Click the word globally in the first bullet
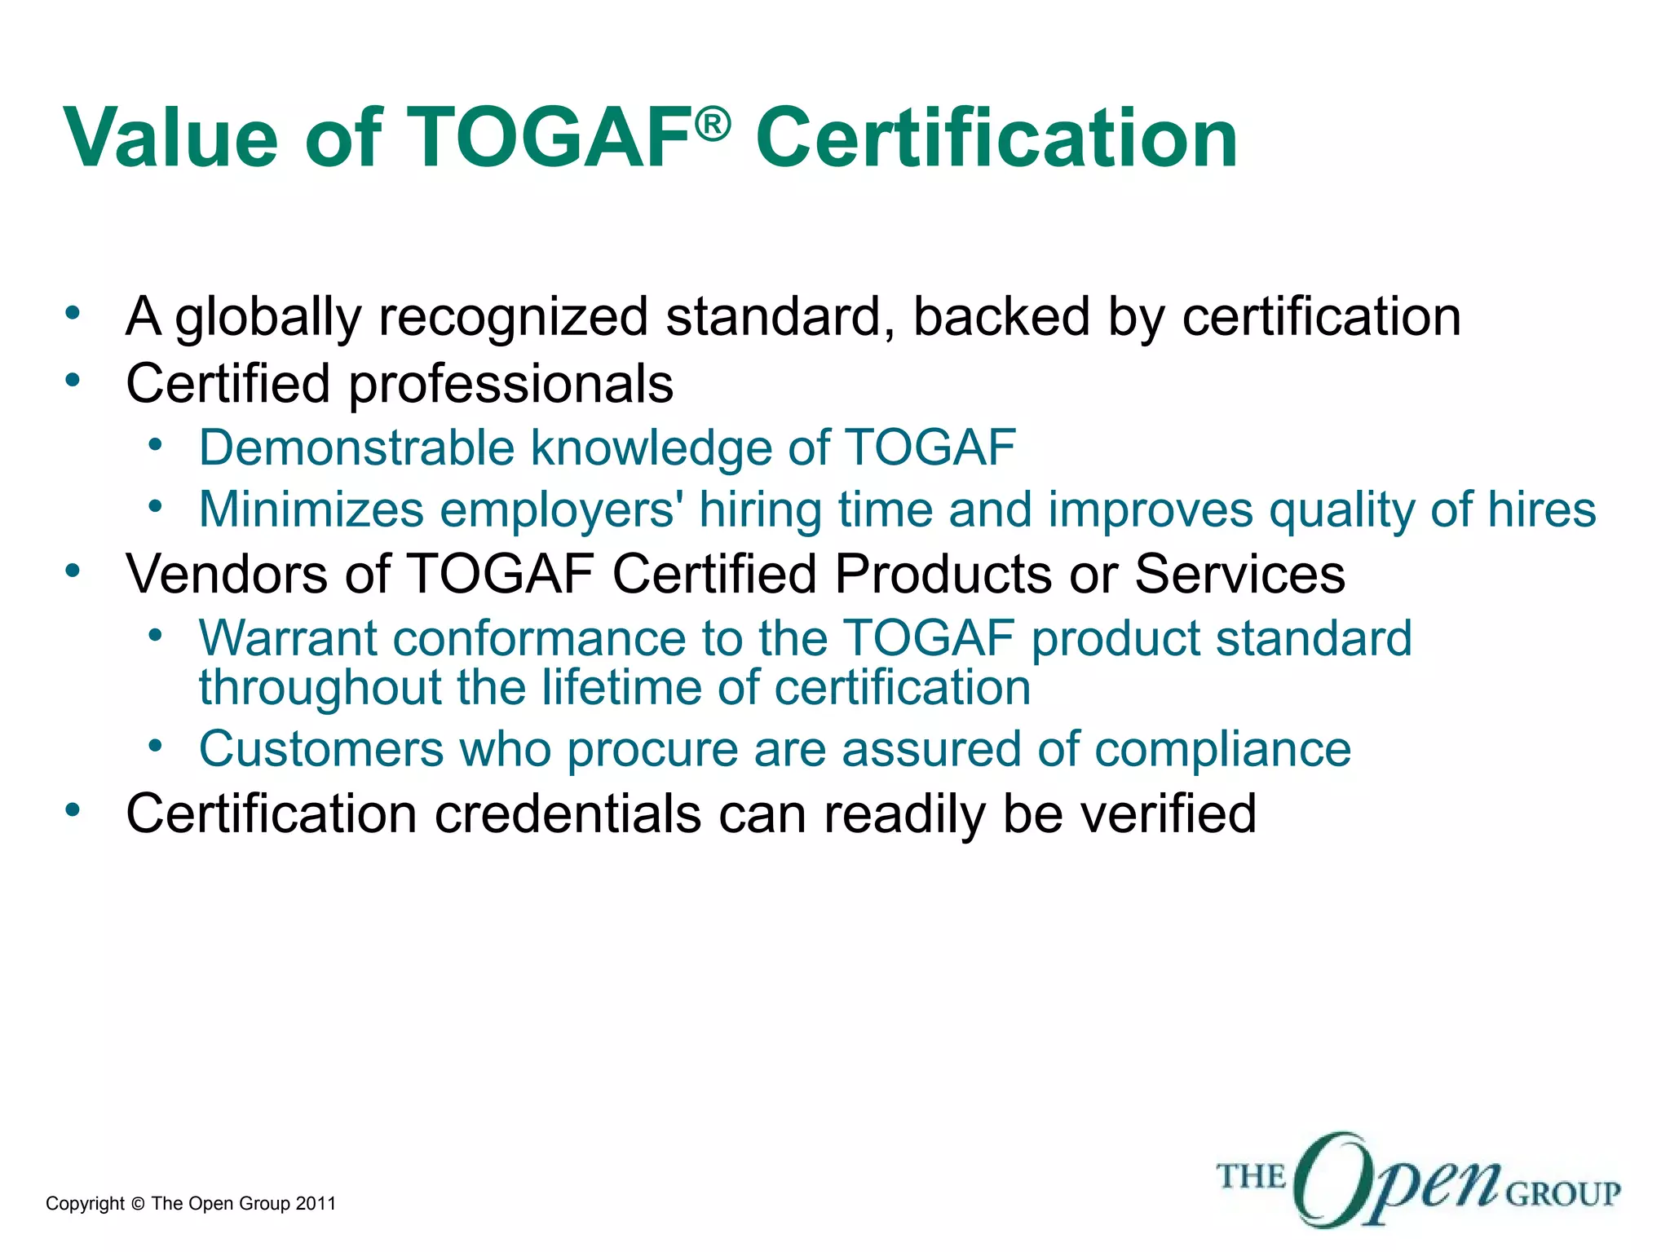[x=267, y=318]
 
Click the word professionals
[x=510, y=385]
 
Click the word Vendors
[x=227, y=574]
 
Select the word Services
[x=1239, y=574]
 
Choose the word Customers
[x=321, y=749]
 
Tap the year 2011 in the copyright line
[x=316, y=1204]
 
